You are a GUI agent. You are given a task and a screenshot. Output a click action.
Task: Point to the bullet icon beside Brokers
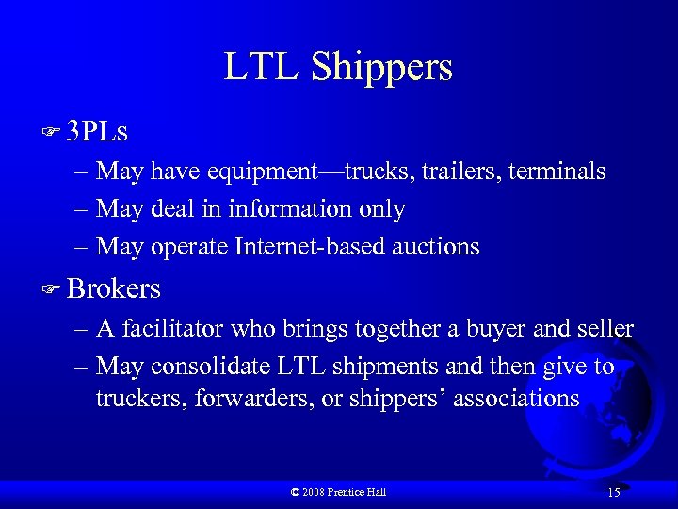coord(53,288)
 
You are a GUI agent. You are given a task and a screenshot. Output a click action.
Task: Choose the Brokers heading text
coord(114,288)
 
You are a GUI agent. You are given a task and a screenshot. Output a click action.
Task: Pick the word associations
coord(516,399)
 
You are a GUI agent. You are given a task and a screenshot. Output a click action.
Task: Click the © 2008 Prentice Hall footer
coord(338,492)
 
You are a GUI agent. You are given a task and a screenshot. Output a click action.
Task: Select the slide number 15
coord(614,492)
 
